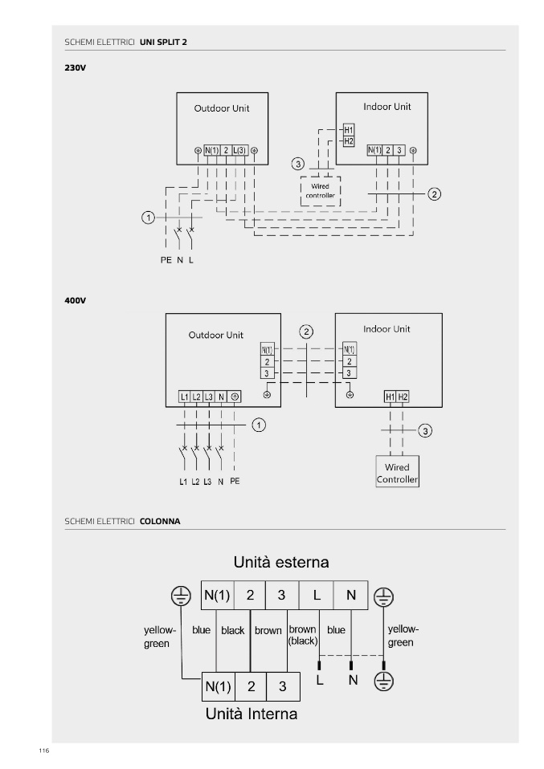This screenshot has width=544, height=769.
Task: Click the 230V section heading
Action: pyautogui.click(x=75, y=67)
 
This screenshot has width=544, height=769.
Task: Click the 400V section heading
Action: pyautogui.click(x=75, y=299)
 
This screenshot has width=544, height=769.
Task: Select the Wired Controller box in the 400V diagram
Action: pyautogui.click(x=397, y=473)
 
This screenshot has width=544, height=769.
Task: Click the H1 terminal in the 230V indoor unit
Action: pyautogui.click(x=348, y=130)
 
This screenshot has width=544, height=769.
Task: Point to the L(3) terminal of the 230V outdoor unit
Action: pyautogui.click(x=240, y=150)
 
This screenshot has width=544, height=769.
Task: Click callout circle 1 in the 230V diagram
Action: pyautogui.click(x=148, y=218)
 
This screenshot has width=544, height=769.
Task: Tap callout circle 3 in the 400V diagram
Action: pyautogui.click(x=426, y=431)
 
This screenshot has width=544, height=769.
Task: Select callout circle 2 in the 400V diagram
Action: pyautogui.click(x=305, y=332)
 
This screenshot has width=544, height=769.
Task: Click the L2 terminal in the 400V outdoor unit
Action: pyautogui.click(x=197, y=397)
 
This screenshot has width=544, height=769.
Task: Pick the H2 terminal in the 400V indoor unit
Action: pyautogui.click(x=403, y=397)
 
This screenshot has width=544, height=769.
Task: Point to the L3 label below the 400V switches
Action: pyautogui.click(x=207, y=482)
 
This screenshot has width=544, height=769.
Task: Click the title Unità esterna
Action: pyautogui.click(x=280, y=559)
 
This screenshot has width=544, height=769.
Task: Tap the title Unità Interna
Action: pyautogui.click(x=252, y=713)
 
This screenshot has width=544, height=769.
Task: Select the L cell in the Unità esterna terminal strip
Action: pyautogui.click(x=317, y=596)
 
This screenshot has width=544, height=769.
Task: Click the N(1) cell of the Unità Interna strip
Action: pyautogui.click(x=218, y=686)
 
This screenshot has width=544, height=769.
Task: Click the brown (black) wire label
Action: pyautogui.click(x=302, y=635)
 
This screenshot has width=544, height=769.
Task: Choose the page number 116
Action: pyautogui.click(x=43, y=750)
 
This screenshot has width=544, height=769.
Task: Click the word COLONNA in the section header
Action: pyautogui.click(x=160, y=521)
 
